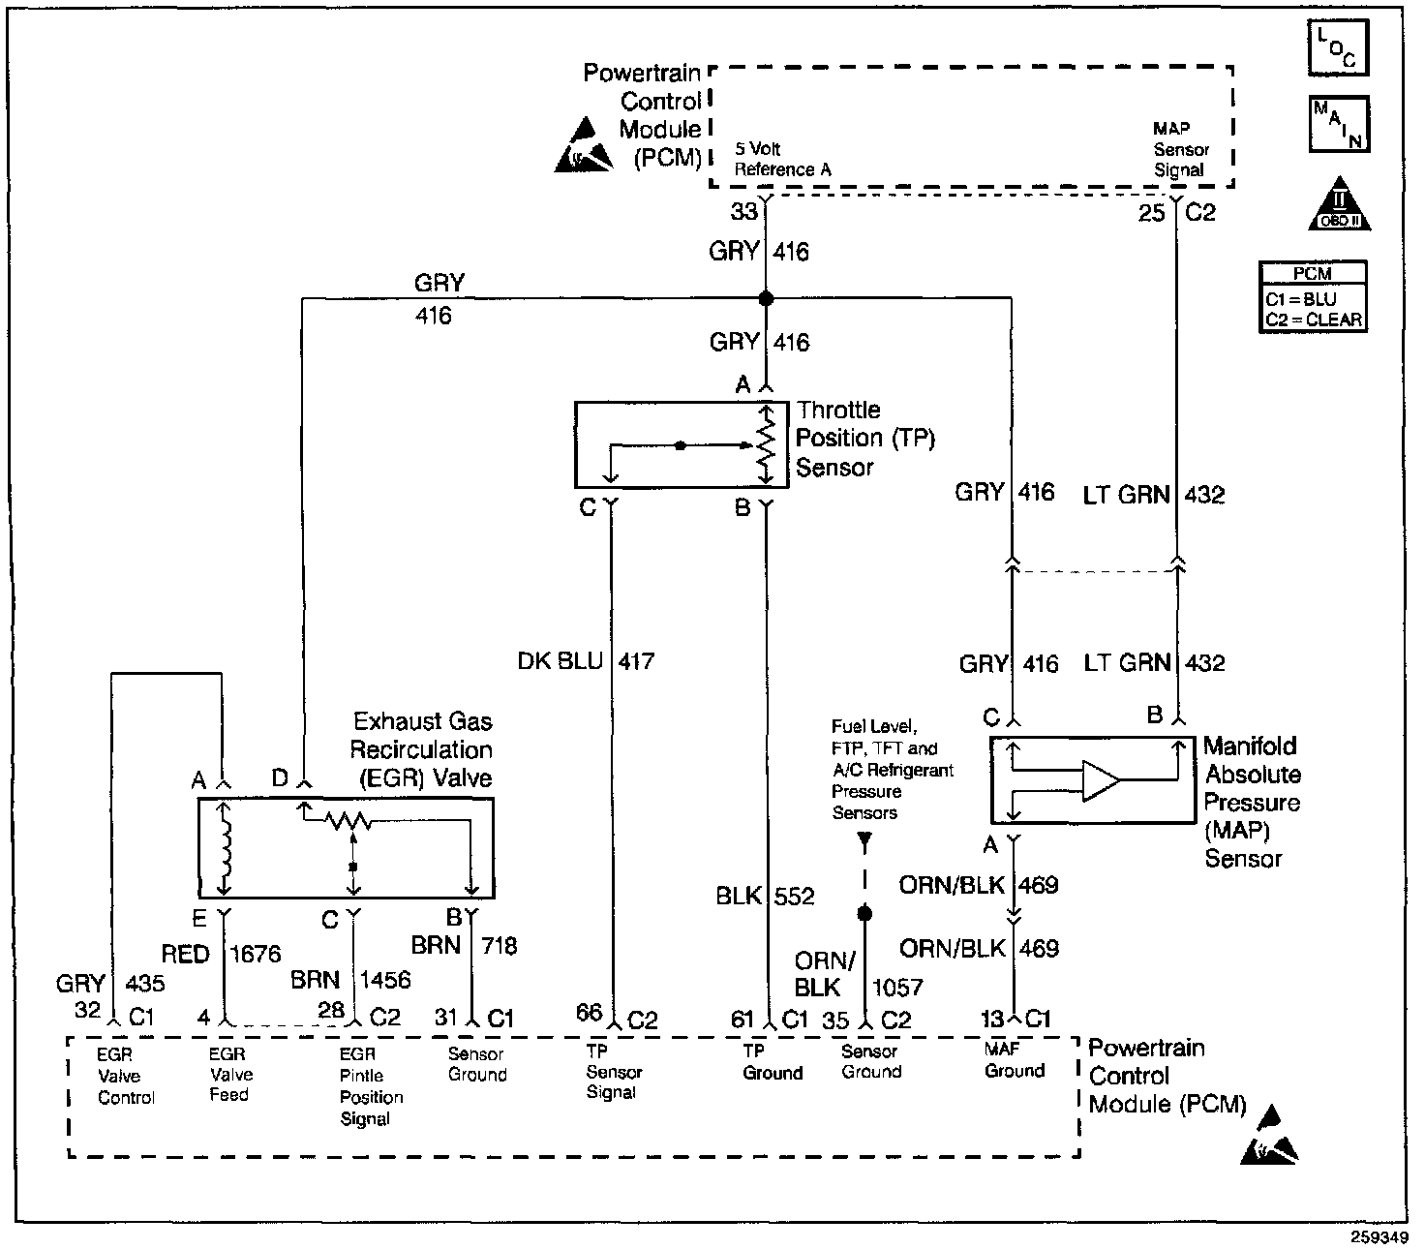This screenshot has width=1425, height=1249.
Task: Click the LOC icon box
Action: point(1338,47)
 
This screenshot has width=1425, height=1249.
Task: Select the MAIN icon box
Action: point(1339,124)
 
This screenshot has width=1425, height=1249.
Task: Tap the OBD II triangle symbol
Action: point(1339,203)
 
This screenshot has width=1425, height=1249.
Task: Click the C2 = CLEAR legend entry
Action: point(1313,320)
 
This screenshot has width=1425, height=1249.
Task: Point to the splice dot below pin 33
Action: point(766,298)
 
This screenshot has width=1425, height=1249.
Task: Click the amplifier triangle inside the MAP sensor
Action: point(1101,780)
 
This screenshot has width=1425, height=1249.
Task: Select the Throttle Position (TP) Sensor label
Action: point(865,439)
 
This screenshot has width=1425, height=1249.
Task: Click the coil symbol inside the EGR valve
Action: point(225,847)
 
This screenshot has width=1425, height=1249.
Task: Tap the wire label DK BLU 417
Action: point(586,661)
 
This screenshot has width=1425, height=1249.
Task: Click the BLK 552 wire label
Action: point(765,896)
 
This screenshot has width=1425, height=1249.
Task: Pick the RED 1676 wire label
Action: point(221,954)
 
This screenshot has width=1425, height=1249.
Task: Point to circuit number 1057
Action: point(896,988)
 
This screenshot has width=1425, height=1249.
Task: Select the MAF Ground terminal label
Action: point(1014,1060)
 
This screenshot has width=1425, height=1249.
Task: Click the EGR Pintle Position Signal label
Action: point(372,1086)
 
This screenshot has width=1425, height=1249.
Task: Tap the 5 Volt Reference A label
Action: point(782,159)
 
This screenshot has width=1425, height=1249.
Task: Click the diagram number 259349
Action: point(1379,1237)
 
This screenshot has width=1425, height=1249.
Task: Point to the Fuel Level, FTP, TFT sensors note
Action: point(892,769)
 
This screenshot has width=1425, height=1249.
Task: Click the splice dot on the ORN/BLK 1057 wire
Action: point(864,913)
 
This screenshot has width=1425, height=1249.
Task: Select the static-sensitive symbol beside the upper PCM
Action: point(583,145)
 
